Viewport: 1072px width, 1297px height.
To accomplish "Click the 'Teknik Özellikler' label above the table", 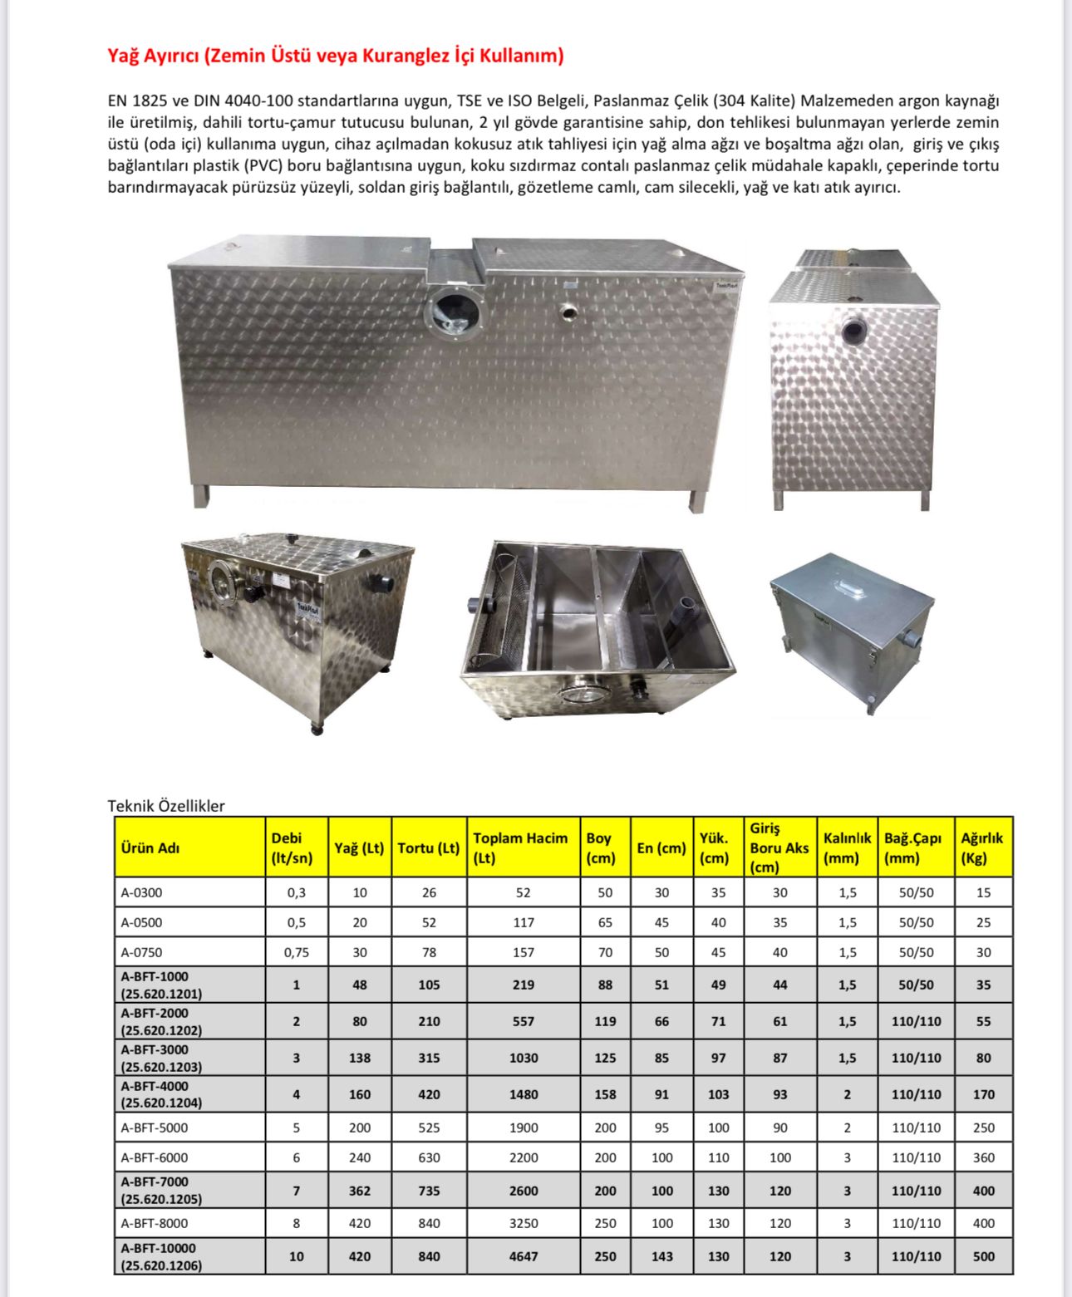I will click(166, 805).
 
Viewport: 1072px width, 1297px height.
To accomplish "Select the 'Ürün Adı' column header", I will click(150, 847).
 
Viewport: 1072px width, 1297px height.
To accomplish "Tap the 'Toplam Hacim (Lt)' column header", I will click(521, 847).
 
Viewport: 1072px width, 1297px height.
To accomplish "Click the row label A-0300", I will click(142, 892).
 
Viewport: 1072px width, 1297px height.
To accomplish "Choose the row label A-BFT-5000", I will click(155, 1128).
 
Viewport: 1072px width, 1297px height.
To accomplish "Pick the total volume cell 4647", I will click(524, 1256).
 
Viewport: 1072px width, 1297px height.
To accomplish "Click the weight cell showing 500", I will click(983, 1256).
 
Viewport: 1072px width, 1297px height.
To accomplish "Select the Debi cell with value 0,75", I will click(297, 952).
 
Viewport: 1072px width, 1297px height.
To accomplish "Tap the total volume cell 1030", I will click(524, 1058).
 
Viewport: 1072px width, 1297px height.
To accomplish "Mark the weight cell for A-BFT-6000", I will click(983, 1157).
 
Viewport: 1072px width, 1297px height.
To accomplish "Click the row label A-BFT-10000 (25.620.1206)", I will click(161, 1256).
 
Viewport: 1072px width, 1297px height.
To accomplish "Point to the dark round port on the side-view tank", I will click(853, 332).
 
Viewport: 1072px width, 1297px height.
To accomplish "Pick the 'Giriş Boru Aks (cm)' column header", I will click(779, 847).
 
